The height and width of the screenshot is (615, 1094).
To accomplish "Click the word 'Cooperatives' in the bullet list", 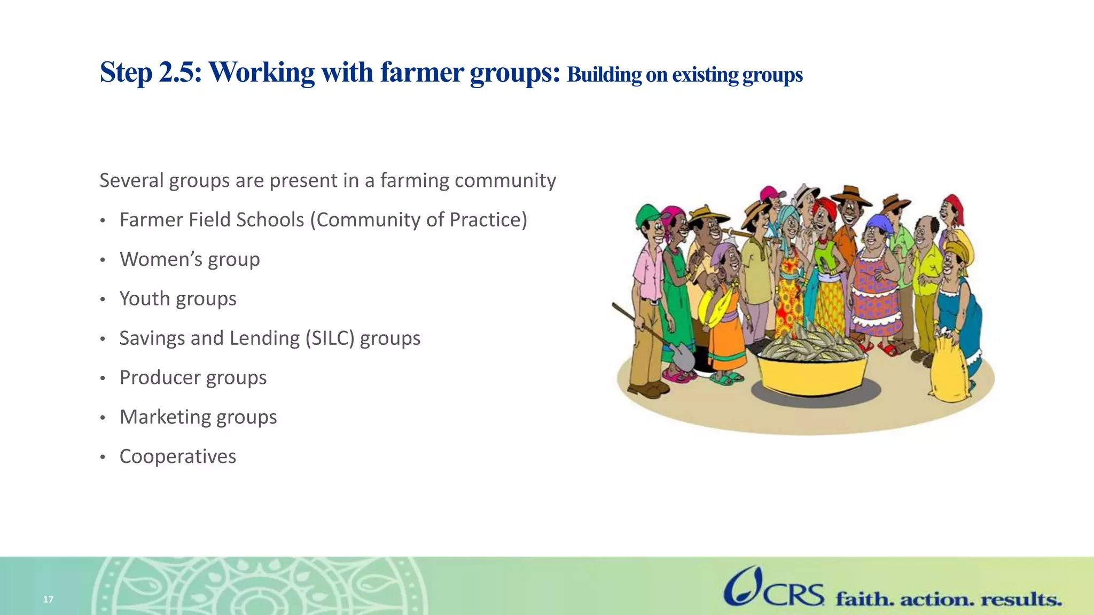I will [x=177, y=456].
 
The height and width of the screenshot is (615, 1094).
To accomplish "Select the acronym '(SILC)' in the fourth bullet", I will [x=330, y=338].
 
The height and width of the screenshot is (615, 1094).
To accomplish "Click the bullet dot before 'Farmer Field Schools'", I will [x=103, y=220].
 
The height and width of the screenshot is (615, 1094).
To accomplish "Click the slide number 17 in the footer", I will [x=48, y=599].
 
